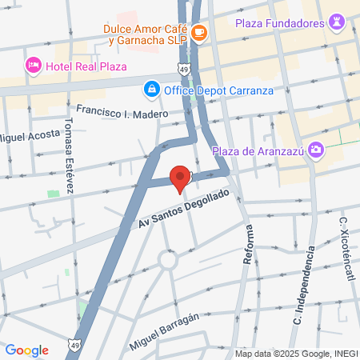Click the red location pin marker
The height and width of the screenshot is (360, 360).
tap(181, 178)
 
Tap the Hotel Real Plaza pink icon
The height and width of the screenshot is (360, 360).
tap(33, 65)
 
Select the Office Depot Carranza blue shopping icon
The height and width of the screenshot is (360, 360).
tap(150, 88)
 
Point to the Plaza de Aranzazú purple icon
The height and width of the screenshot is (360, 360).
tap(316, 149)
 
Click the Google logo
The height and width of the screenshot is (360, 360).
tap(26, 350)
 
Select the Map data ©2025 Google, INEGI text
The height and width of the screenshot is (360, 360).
tap(296, 354)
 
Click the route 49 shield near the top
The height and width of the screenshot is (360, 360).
tap(185, 70)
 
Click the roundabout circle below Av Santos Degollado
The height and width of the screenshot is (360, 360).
tap(168, 258)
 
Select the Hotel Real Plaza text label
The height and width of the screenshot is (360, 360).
tap(86, 66)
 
